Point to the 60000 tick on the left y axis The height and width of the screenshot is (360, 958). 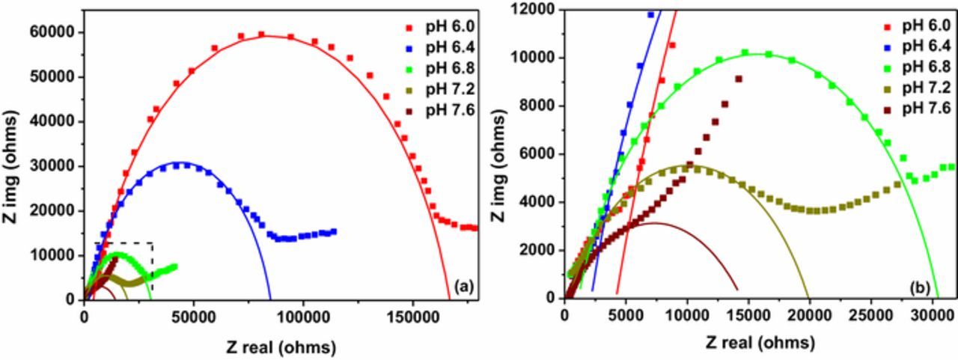(x=58, y=32)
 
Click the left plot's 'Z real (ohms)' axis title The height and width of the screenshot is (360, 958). (x=279, y=347)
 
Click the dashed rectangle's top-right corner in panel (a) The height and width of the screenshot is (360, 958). (x=153, y=243)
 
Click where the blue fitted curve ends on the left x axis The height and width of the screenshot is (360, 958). (x=270, y=299)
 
